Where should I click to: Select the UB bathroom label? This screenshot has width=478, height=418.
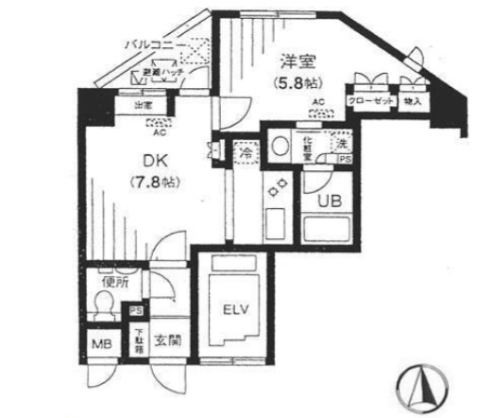pos(330,200)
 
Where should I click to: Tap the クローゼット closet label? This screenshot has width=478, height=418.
pos(369,100)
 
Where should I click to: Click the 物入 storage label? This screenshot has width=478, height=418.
pos(413,100)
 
